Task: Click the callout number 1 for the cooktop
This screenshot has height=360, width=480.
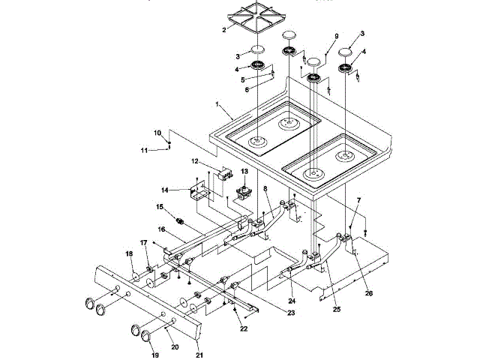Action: [x=217, y=104]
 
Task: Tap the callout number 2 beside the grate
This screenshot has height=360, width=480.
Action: [x=224, y=30]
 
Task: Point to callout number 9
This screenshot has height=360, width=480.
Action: [x=337, y=36]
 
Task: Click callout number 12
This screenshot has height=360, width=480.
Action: [x=195, y=161]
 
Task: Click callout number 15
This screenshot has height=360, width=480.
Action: [x=160, y=207]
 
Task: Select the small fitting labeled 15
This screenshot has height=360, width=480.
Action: [x=180, y=221]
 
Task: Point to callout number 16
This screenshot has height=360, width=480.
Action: [x=162, y=229]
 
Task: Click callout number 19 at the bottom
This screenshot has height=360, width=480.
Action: [x=155, y=355]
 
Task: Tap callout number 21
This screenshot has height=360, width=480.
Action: [x=199, y=355]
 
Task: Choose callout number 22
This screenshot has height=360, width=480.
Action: [x=244, y=328]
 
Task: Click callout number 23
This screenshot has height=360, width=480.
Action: [x=291, y=313]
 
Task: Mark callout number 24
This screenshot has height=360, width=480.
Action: [x=292, y=301]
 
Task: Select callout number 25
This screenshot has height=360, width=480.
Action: [x=337, y=310]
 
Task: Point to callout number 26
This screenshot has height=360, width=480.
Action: [x=369, y=293]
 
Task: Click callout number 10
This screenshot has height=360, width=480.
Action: [x=157, y=133]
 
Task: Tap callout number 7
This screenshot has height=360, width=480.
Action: [x=358, y=200]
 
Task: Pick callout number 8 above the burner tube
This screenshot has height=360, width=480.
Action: [x=265, y=188]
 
